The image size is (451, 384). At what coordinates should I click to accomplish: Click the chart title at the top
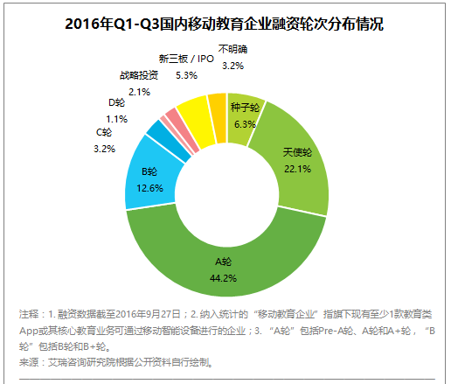click(x=225, y=24)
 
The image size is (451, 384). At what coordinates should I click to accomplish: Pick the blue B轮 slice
click(x=149, y=179)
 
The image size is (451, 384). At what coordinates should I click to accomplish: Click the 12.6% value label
click(x=150, y=186)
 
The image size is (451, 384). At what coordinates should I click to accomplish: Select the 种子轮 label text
click(x=245, y=108)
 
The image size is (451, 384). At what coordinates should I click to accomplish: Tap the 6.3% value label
click(x=245, y=123)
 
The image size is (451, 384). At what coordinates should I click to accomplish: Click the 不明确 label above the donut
click(x=232, y=49)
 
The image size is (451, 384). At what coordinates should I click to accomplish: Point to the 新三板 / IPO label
click(x=186, y=59)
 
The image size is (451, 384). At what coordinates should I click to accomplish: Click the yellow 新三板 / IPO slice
click(x=191, y=113)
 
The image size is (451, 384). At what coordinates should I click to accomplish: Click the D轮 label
click(x=117, y=103)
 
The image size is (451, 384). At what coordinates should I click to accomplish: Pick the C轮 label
click(x=103, y=132)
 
